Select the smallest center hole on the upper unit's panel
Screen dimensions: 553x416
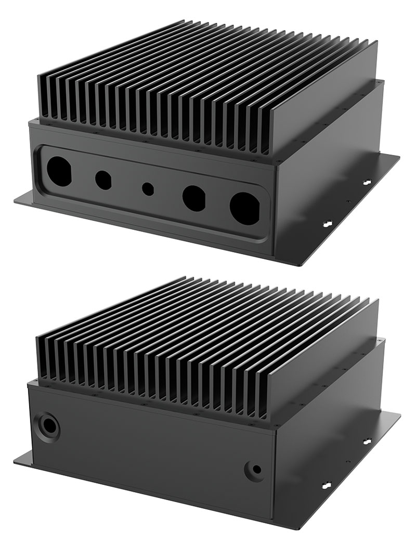148,188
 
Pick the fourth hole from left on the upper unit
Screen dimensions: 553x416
194,197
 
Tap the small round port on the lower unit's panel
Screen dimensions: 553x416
255,470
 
